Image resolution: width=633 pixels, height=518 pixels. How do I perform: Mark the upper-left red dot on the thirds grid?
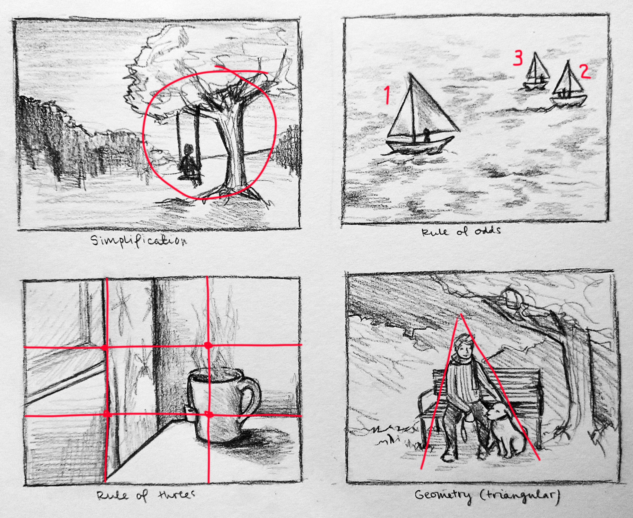[105, 348]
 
